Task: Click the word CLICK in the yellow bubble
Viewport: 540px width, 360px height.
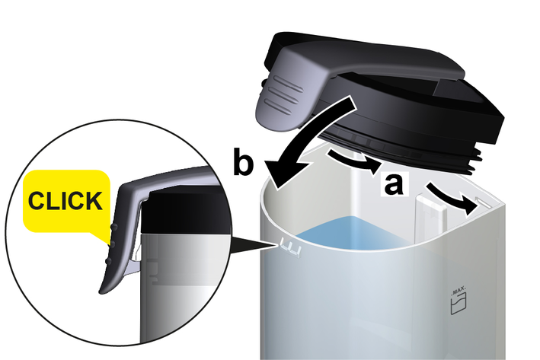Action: (65, 201)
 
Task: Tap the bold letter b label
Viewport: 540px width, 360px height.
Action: (243, 161)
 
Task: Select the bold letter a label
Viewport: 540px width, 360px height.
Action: (393, 184)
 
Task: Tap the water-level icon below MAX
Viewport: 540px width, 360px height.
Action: (459, 304)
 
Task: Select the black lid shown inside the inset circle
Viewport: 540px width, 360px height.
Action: (186, 212)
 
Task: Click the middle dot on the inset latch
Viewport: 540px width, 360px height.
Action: (111, 244)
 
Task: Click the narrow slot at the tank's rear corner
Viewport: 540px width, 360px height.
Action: (483, 202)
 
